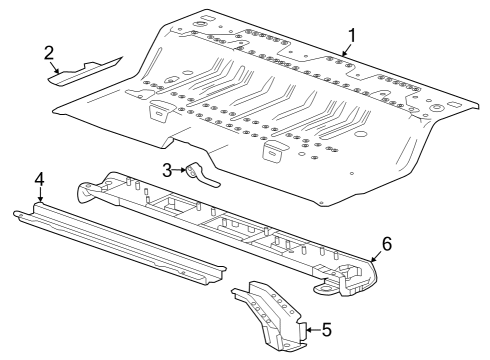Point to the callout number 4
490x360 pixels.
pyautogui.click(x=39, y=179)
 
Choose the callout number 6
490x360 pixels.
pyautogui.click(x=386, y=243)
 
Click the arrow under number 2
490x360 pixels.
pyautogui.click(x=59, y=67)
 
